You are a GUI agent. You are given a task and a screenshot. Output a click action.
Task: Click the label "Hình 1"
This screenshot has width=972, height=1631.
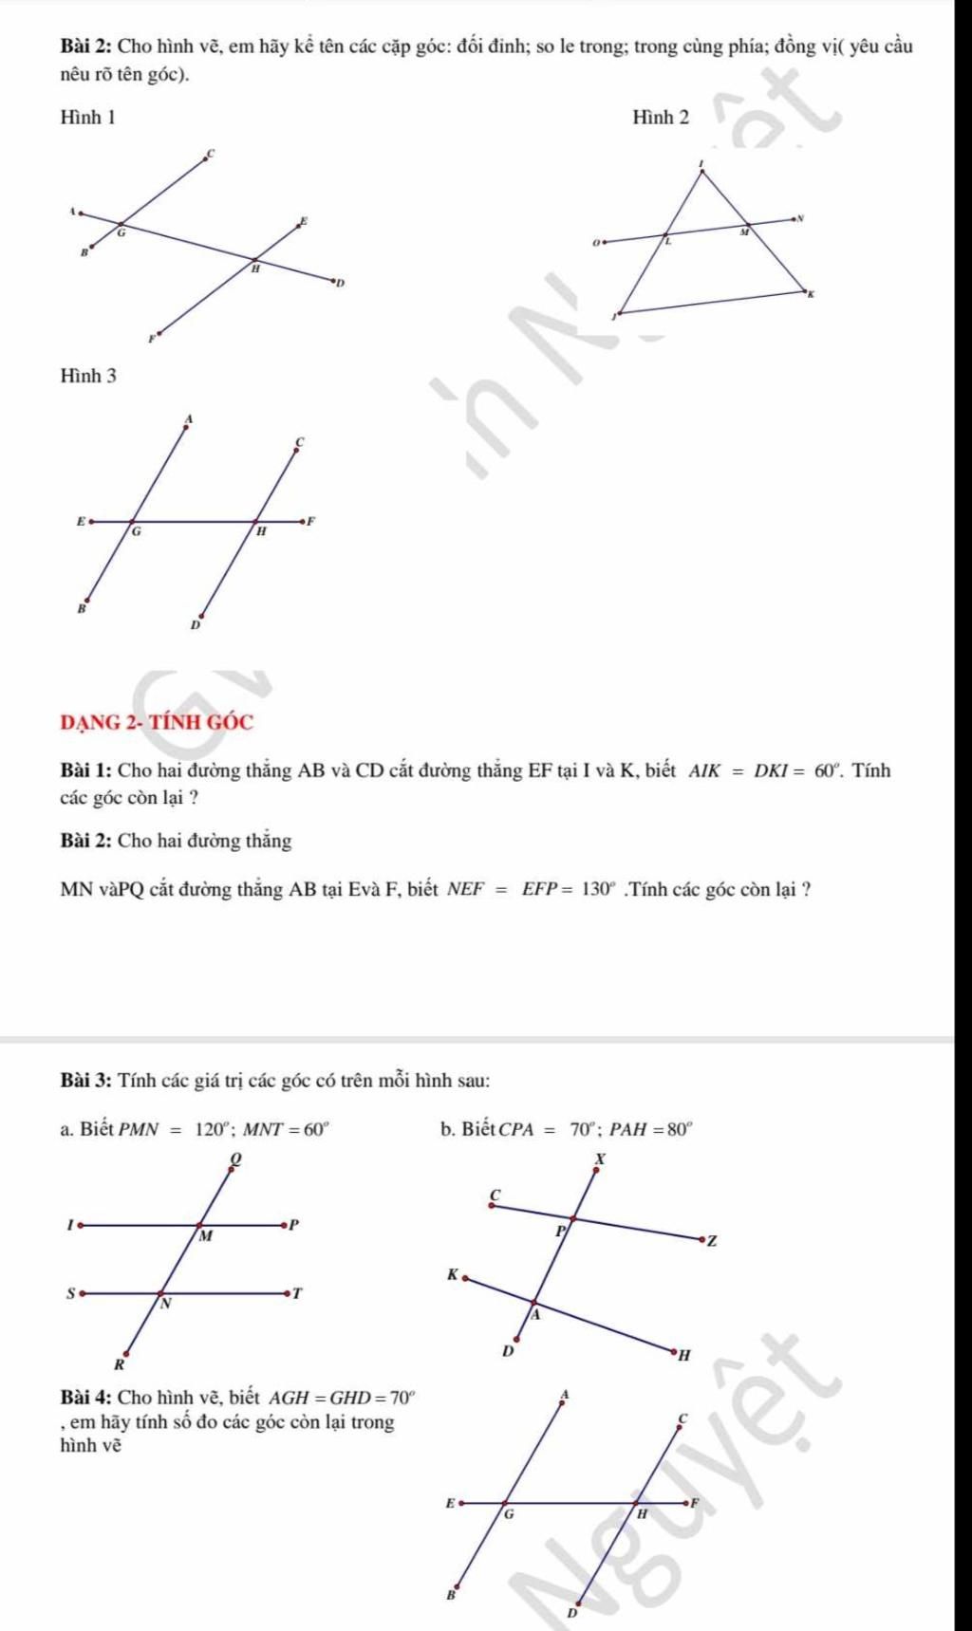pos(88,118)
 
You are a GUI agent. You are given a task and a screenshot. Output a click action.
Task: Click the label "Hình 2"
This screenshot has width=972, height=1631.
pos(661,118)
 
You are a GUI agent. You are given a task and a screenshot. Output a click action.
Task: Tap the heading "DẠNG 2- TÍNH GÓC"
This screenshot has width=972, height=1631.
pos(157,722)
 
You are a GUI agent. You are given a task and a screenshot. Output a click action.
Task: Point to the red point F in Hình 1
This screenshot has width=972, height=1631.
pos(159,334)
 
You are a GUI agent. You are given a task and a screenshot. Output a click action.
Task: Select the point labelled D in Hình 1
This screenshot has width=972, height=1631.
pos(333,281)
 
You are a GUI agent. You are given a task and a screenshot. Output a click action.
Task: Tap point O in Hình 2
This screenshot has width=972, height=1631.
pos(605,241)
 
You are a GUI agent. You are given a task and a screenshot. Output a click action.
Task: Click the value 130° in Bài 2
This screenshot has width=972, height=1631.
pos(599,890)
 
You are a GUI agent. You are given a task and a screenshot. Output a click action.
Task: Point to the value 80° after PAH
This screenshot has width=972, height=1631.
pos(679,1130)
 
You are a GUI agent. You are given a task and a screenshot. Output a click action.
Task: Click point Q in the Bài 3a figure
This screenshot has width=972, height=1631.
pos(231,1170)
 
